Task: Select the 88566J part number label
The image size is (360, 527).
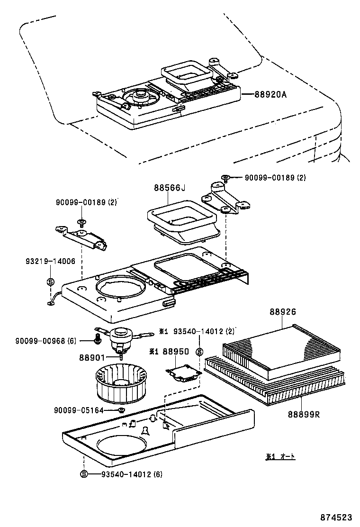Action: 169,188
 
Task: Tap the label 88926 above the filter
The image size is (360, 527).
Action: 283,312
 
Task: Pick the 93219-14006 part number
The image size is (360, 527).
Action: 50,262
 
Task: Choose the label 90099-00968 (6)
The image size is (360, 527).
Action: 46,340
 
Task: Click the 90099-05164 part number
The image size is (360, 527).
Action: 78,410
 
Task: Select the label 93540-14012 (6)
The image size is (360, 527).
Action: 131,473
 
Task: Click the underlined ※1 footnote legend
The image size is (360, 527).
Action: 280,456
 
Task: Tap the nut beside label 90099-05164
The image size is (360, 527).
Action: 121,410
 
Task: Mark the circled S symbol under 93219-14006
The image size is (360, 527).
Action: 50,282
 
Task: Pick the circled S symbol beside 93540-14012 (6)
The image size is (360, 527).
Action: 84,473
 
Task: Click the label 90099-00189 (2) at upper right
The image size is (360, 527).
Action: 275,178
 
